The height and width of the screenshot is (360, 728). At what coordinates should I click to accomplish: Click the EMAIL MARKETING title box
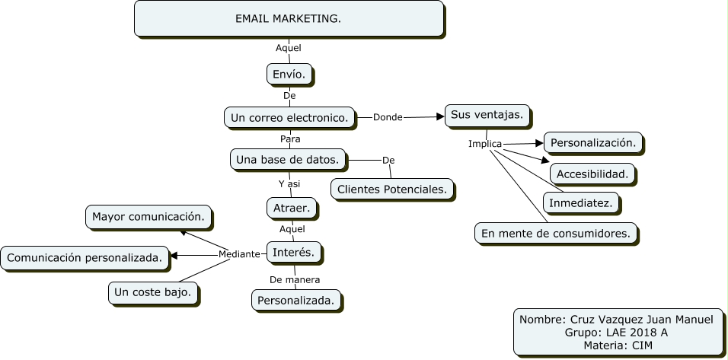tap(289, 18)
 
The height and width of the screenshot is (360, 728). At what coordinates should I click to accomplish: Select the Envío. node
tap(289, 74)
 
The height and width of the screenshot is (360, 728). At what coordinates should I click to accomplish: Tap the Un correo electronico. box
tap(289, 117)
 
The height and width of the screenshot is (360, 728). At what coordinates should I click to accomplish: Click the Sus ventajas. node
tap(487, 115)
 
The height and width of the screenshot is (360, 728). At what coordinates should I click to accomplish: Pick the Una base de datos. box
tap(288, 159)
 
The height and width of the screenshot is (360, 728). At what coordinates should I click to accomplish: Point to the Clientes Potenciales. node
tap(392, 188)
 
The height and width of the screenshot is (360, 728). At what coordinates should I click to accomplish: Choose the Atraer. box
tap(290, 207)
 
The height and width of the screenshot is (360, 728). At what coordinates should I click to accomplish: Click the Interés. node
tap(293, 251)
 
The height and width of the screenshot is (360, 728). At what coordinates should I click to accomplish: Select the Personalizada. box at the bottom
tap(296, 300)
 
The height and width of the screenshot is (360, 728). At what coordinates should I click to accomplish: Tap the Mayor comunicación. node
tap(148, 216)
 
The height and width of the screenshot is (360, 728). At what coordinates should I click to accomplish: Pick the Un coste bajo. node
tap(153, 292)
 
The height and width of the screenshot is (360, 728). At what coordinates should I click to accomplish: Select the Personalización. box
tap(592, 142)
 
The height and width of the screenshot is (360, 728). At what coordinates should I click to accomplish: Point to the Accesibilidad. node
tap(592, 174)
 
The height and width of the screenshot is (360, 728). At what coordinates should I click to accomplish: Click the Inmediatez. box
tap(580, 202)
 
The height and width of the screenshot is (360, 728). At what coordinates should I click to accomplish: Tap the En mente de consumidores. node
tap(555, 233)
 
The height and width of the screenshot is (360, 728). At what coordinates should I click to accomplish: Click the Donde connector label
tap(388, 117)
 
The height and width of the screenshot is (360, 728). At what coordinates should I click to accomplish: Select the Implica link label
tap(485, 144)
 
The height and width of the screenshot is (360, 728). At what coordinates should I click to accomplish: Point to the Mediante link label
tap(239, 254)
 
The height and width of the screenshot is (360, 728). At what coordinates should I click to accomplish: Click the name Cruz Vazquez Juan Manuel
tap(641, 319)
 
